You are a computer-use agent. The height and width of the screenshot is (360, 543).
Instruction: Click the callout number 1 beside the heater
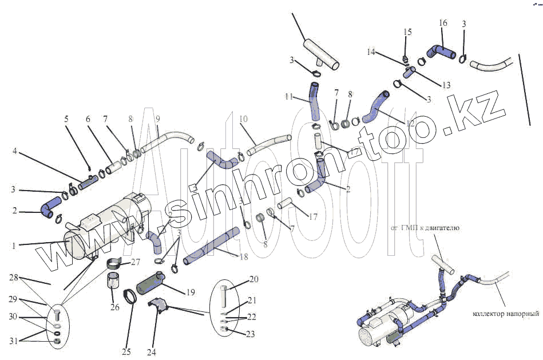coord(14,245)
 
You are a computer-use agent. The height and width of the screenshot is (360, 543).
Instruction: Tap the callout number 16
coord(443,23)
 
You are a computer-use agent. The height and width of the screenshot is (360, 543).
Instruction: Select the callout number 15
coord(407,32)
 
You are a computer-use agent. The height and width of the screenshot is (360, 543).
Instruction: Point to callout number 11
coord(288,96)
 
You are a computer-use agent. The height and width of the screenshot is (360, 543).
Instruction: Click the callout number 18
coord(244,258)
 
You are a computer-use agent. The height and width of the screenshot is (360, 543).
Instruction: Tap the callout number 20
coord(253,279)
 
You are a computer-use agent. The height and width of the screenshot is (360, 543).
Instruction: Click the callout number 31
coord(13,341)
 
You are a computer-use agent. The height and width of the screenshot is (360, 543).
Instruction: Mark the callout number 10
coord(243,119)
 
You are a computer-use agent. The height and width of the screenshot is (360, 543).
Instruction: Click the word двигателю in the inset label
coord(440,228)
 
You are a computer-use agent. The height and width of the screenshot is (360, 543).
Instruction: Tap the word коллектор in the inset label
coord(494,314)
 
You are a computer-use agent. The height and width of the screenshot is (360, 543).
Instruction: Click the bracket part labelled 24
coord(160,306)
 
